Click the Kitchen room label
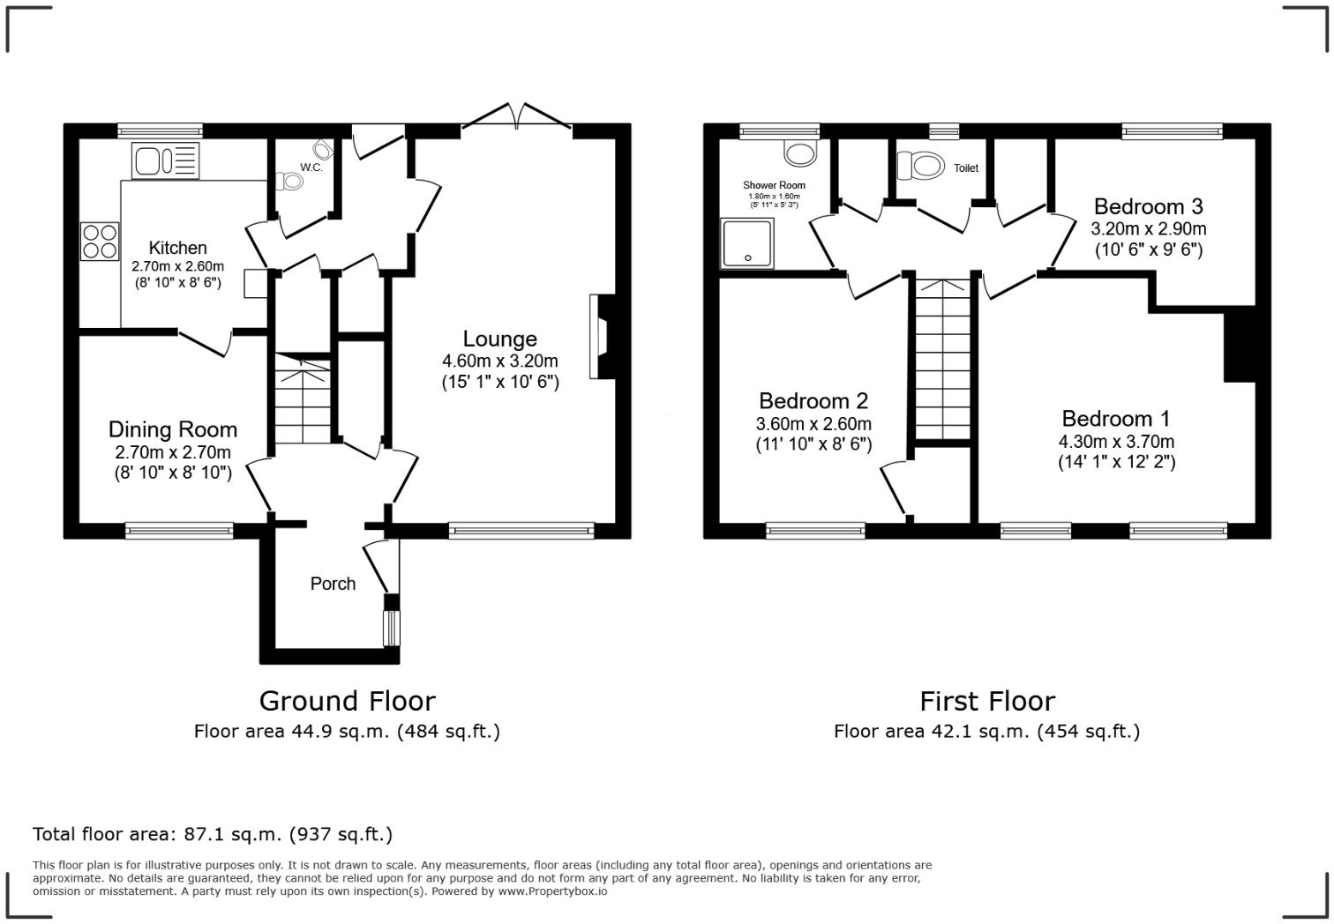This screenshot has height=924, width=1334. click(x=177, y=248)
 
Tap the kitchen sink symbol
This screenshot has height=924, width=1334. click(x=166, y=160)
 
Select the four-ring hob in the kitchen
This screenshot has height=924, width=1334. click(x=100, y=241)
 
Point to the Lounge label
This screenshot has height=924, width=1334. click(x=499, y=339)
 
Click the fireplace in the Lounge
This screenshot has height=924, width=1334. click(x=603, y=336)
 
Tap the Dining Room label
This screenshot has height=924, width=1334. click(x=173, y=429)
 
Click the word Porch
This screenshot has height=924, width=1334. click(x=333, y=584)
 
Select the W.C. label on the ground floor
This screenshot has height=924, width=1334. click(x=311, y=168)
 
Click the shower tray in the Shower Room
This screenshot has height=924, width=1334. click(x=746, y=243)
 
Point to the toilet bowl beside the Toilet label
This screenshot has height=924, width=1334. click(x=921, y=165)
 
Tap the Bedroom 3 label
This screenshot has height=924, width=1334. click(x=1148, y=206)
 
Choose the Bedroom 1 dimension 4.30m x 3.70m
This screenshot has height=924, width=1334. click(x=1116, y=442)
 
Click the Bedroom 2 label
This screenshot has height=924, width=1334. click(x=813, y=401)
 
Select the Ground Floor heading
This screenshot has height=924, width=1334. click(x=348, y=701)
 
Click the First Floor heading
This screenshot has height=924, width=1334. click(x=987, y=701)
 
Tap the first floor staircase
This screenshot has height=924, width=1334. click(x=943, y=360)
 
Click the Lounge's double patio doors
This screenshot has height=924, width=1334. click(x=517, y=116)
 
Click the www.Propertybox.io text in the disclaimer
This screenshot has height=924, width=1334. click(x=552, y=891)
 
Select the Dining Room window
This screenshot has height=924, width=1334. click(x=179, y=530)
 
